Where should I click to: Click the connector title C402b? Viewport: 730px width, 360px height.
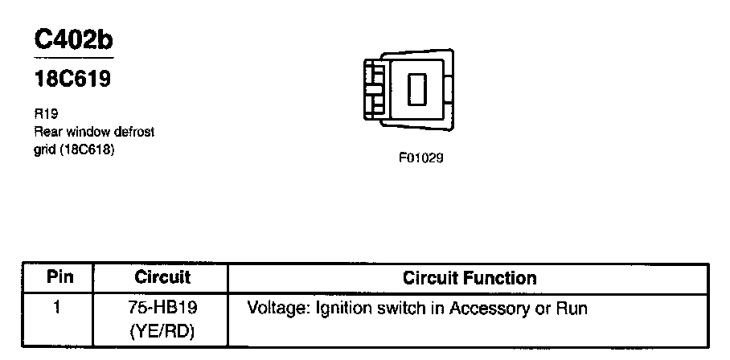73,41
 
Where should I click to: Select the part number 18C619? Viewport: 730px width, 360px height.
72,80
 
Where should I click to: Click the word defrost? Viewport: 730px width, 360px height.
131,131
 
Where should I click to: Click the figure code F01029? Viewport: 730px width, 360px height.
420,158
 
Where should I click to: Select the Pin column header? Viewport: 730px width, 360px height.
60,278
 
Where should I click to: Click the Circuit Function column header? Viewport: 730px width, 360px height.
470,278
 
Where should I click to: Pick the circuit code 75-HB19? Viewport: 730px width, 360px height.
162,308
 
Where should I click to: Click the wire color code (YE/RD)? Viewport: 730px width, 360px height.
162,329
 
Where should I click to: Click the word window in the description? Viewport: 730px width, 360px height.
85,131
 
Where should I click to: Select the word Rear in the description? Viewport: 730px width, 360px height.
47,131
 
